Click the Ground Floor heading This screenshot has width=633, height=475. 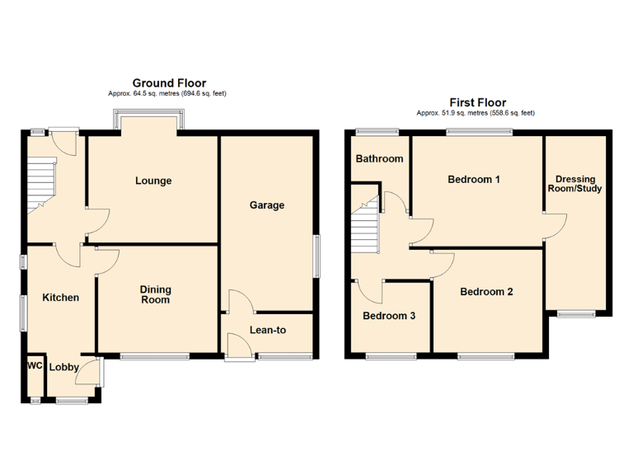click(x=167, y=83)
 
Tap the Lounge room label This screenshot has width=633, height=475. click(x=153, y=181)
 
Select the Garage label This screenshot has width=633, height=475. click(x=267, y=205)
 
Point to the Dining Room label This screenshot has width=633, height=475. click(x=155, y=294)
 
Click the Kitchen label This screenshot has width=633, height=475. click(x=61, y=298)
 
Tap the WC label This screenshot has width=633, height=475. click(x=35, y=365)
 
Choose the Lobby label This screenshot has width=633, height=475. click(x=63, y=368)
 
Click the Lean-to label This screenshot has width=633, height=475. click(x=268, y=330)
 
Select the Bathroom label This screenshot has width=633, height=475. click(x=379, y=159)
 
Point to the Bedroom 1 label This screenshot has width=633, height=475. click(x=474, y=180)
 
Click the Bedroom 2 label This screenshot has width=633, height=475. click(x=486, y=292)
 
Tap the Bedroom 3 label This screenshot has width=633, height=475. click(x=389, y=317)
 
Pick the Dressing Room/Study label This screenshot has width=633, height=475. click(x=578, y=184)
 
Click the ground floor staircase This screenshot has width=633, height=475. click(x=39, y=183)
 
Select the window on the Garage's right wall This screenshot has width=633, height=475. click(x=316, y=256)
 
